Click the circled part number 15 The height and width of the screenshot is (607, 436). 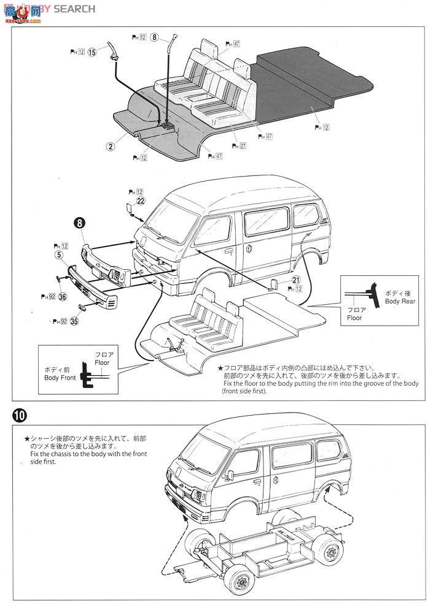pos(93,52)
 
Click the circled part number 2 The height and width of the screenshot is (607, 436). pos(111,147)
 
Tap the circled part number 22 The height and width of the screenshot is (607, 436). pos(141,200)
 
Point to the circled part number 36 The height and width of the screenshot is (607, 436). pos(62,295)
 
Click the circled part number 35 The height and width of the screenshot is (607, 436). pos(75,320)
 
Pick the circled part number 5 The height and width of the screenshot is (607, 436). pos(59,254)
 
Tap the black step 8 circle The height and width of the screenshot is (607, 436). pos(80,224)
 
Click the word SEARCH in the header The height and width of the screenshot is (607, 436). pos(74,9)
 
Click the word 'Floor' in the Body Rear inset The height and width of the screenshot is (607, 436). pos(354,318)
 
